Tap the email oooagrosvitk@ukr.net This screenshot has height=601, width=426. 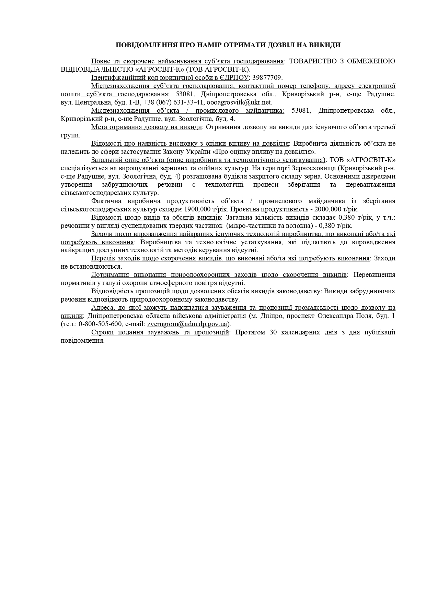pos(239,102)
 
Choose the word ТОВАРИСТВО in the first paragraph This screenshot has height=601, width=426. pos(307,61)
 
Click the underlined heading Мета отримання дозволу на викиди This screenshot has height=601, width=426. pos(147,127)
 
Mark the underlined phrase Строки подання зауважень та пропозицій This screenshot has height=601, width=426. pos(160,332)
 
